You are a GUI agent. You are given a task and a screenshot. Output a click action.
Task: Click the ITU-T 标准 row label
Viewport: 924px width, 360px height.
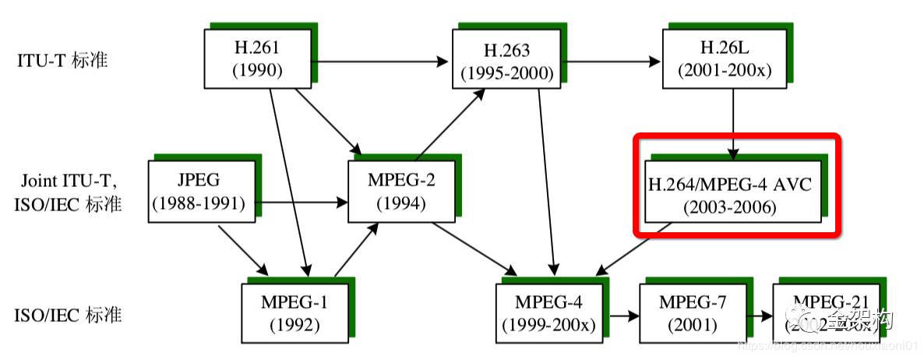[62, 61]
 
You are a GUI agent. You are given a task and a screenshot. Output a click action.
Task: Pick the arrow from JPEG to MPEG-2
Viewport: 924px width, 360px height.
[299, 203]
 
